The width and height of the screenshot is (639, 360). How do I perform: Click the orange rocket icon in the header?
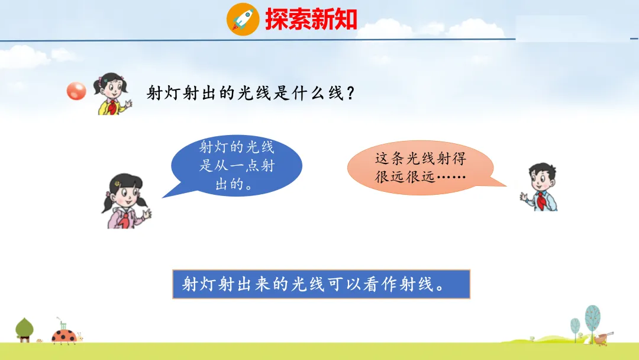tap(243, 19)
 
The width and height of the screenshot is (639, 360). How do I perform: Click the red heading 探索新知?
tap(311, 19)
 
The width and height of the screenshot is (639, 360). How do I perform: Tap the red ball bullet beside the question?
tap(76, 91)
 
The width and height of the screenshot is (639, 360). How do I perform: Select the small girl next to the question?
tap(112, 94)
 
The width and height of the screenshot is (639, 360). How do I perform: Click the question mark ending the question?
tap(350, 94)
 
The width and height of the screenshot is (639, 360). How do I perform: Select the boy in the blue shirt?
tap(540, 187)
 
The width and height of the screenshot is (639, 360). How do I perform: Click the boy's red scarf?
tap(541, 200)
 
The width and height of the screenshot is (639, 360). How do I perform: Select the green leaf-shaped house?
tap(24, 330)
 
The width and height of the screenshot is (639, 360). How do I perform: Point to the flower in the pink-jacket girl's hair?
tap(117, 184)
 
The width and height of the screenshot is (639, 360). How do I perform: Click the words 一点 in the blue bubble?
tap(246, 166)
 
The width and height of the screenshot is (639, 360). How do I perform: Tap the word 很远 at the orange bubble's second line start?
tap(390, 177)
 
